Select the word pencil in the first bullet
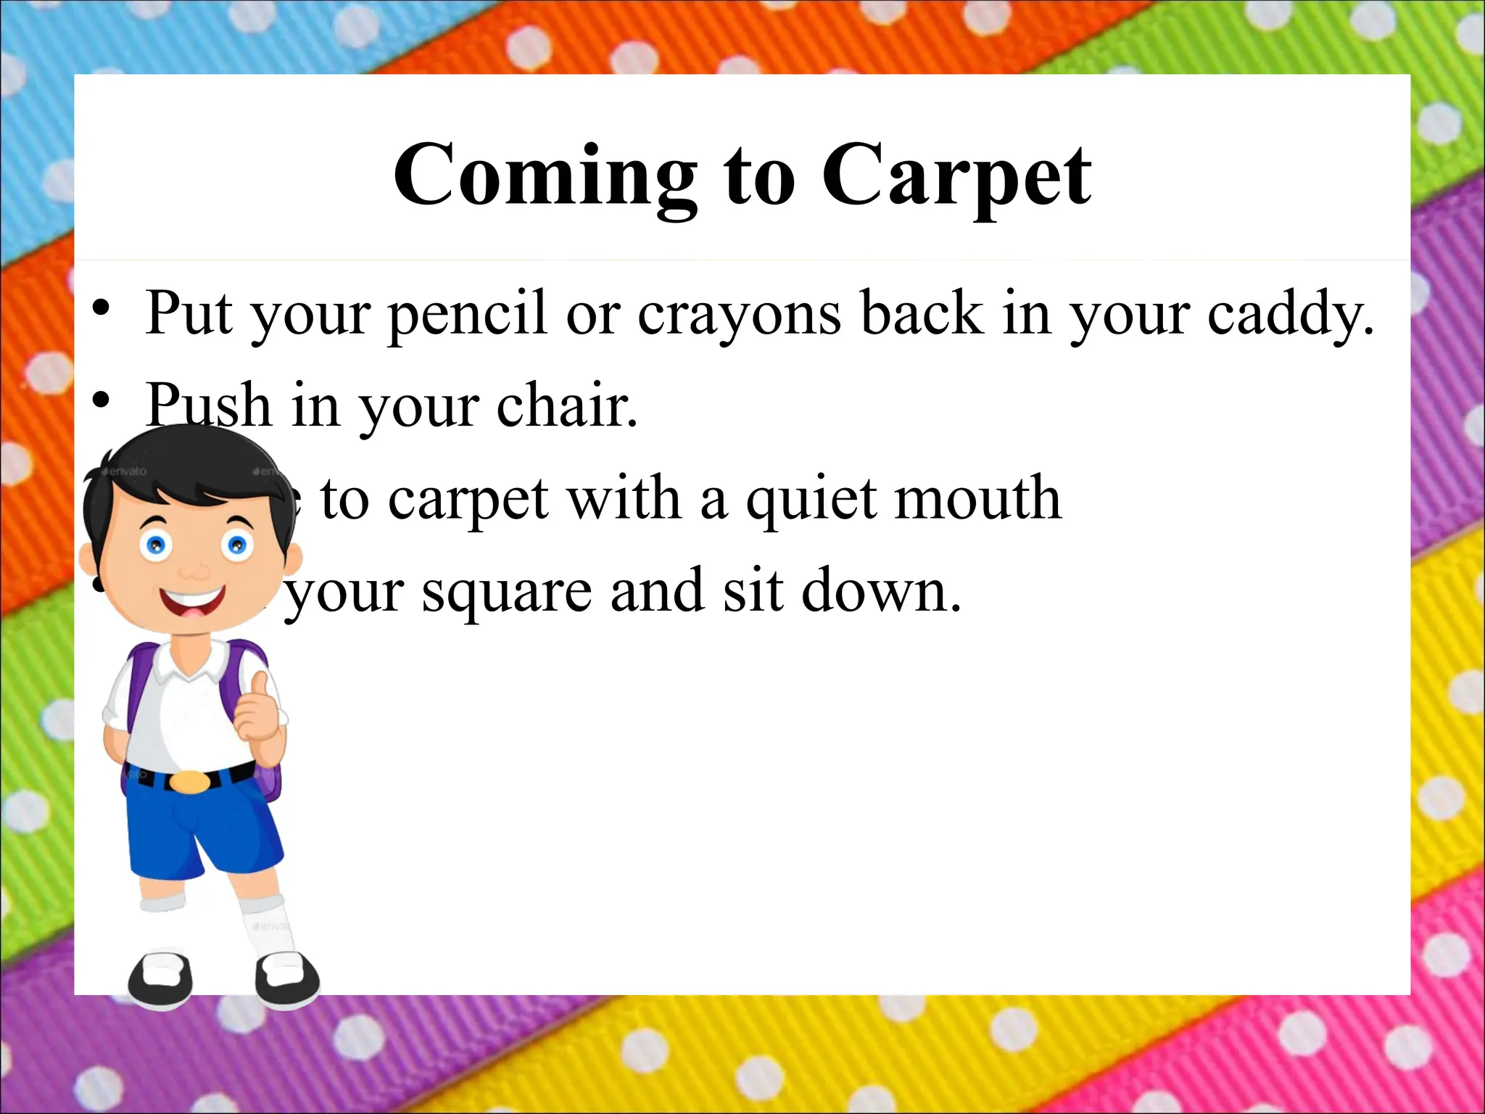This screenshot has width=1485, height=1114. pyautogui.click(x=467, y=314)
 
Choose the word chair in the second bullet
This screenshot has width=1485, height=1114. pyautogui.click(x=566, y=406)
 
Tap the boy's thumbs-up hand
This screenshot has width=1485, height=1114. pyautogui.click(x=257, y=711)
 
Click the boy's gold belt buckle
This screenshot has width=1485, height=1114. pyautogui.click(x=190, y=782)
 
